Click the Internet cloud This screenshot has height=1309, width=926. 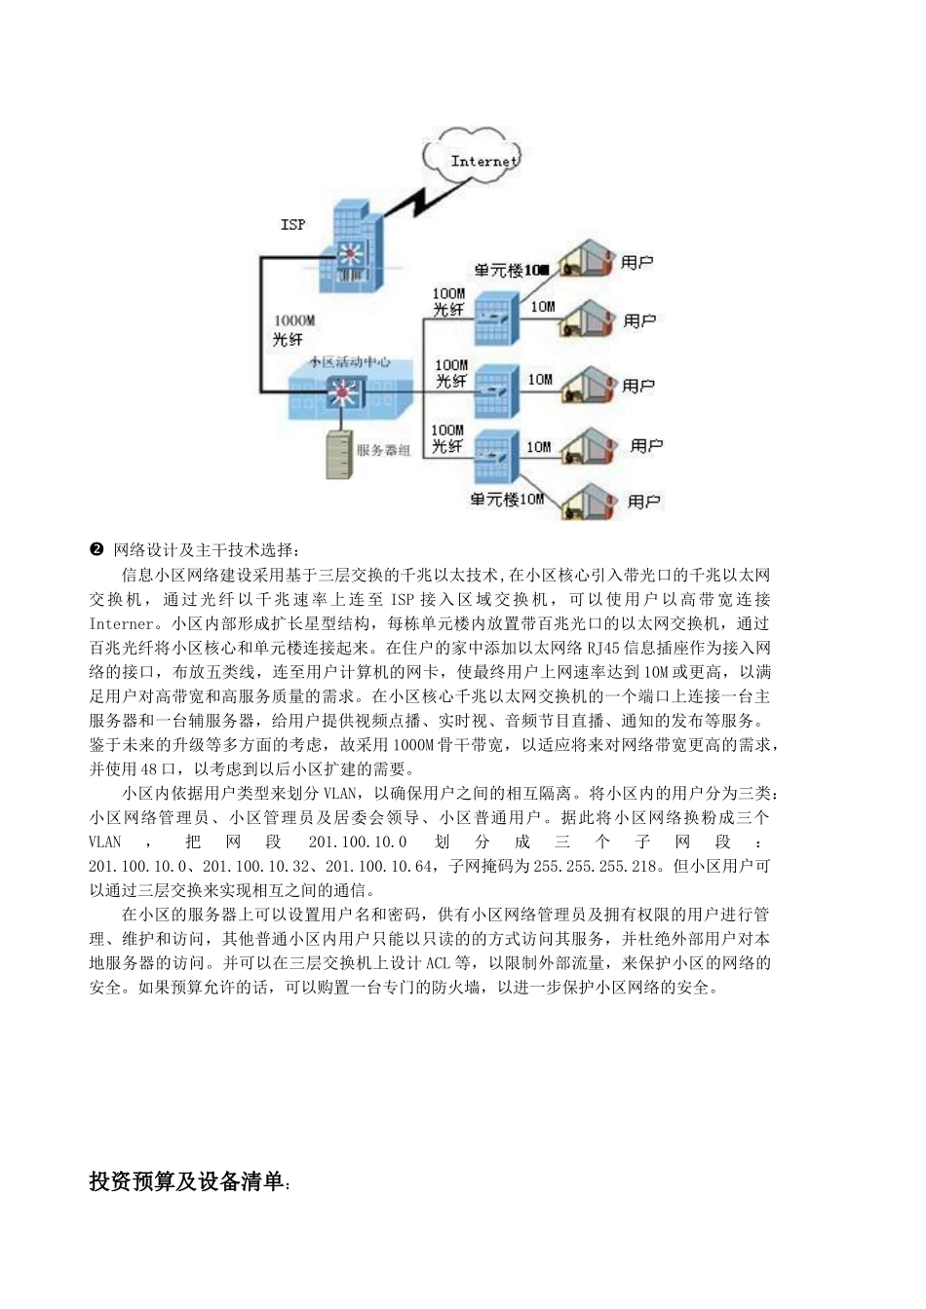pos(476,158)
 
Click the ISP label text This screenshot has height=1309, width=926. pos(292,225)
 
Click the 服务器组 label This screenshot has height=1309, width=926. pos(383,451)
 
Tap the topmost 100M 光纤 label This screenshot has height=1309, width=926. pos(448,302)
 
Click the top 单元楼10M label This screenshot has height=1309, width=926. pos(511,270)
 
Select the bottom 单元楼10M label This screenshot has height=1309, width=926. pos(506,500)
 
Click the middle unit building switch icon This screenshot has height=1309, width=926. pos(493,390)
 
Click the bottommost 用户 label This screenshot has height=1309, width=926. pos(644,502)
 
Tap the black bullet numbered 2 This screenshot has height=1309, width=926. pos(96,550)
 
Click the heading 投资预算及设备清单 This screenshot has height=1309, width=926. pos(186,1182)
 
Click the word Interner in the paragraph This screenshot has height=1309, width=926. pos(123,623)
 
